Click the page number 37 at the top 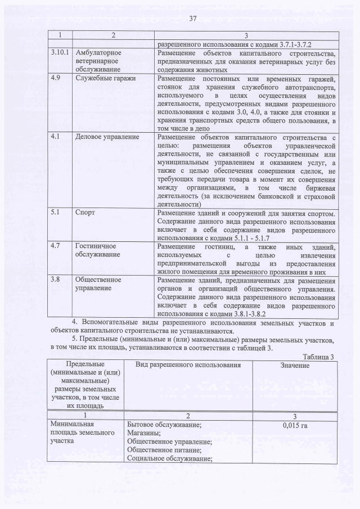192,19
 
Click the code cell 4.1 55,137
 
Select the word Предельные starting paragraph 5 105,340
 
